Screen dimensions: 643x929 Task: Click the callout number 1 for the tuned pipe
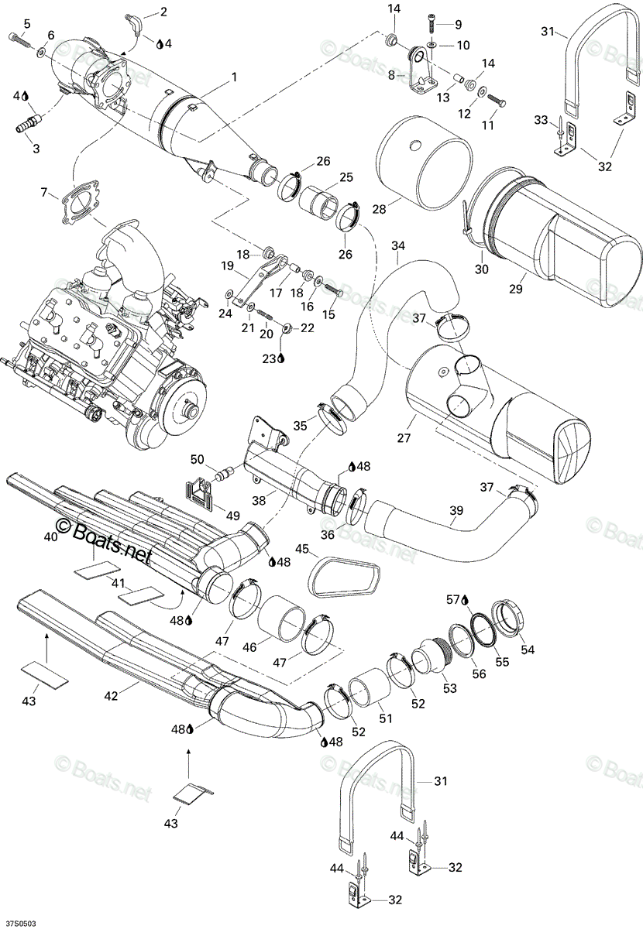(234, 77)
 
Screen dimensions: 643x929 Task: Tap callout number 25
(346, 177)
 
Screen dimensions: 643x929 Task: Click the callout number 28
(379, 209)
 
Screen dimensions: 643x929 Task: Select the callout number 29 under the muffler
(516, 289)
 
